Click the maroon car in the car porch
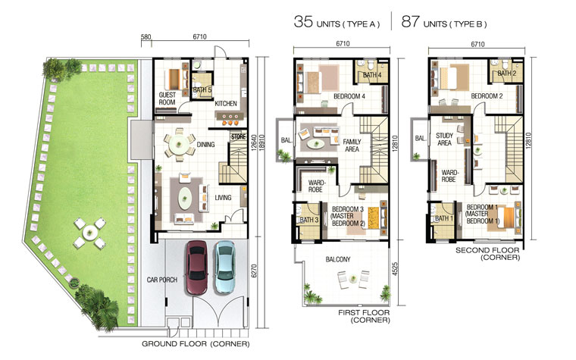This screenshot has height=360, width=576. click(197, 268)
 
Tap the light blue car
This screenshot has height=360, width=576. click(224, 267)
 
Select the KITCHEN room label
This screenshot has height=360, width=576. click(226, 104)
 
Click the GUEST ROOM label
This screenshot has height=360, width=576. click(167, 99)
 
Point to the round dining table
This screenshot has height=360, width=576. click(180, 144)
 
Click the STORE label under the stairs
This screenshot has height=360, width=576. click(239, 136)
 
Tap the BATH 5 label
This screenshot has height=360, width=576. click(202, 90)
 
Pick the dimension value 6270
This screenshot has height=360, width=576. click(254, 271)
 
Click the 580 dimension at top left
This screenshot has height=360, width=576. click(146, 36)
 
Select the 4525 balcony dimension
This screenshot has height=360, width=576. click(395, 268)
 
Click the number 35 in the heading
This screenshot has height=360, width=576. click(303, 21)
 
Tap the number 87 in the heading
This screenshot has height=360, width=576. click(410, 21)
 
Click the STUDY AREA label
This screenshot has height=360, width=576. click(444, 139)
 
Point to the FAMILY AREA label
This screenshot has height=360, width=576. click(352, 146)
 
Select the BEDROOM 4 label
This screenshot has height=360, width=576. click(349, 96)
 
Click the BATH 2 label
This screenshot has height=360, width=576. click(507, 74)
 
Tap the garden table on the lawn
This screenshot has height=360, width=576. click(89, 232)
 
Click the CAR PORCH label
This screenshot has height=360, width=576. click(162, 280)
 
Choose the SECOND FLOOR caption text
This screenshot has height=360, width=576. click(487, 251)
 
